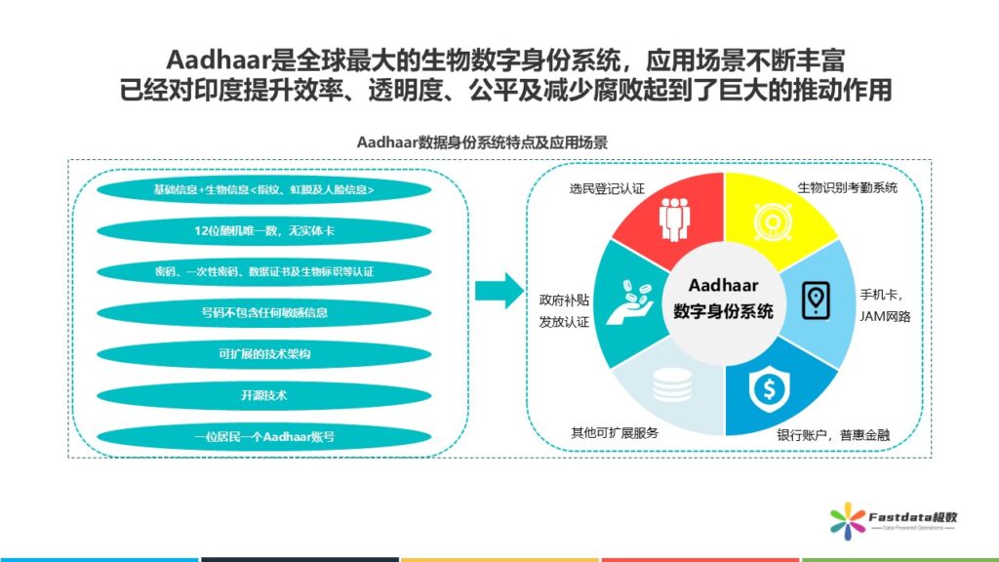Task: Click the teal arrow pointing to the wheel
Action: point(499,291)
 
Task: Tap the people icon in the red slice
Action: point(674,220)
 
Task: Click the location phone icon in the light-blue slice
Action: point(816,301)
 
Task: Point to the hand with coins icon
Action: point(630,302)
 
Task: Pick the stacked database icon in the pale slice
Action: point(672,384)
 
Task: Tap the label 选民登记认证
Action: point(607,188)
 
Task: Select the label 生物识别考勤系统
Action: point(848,187)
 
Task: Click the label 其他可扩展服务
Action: point(615,433)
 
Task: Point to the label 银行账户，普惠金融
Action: point(833,435)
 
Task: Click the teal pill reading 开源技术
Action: point(263,396)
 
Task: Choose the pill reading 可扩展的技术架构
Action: point(263,354)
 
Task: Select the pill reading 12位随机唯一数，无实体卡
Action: point(263,230)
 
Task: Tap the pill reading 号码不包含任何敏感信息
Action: point(263,313)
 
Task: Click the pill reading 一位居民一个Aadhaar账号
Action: point(263,437)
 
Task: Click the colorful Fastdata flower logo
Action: point(848,521)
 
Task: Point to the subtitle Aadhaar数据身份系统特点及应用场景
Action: point(482,142)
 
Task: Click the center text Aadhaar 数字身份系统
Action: point(723,298)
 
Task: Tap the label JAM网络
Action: point(885,317)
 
